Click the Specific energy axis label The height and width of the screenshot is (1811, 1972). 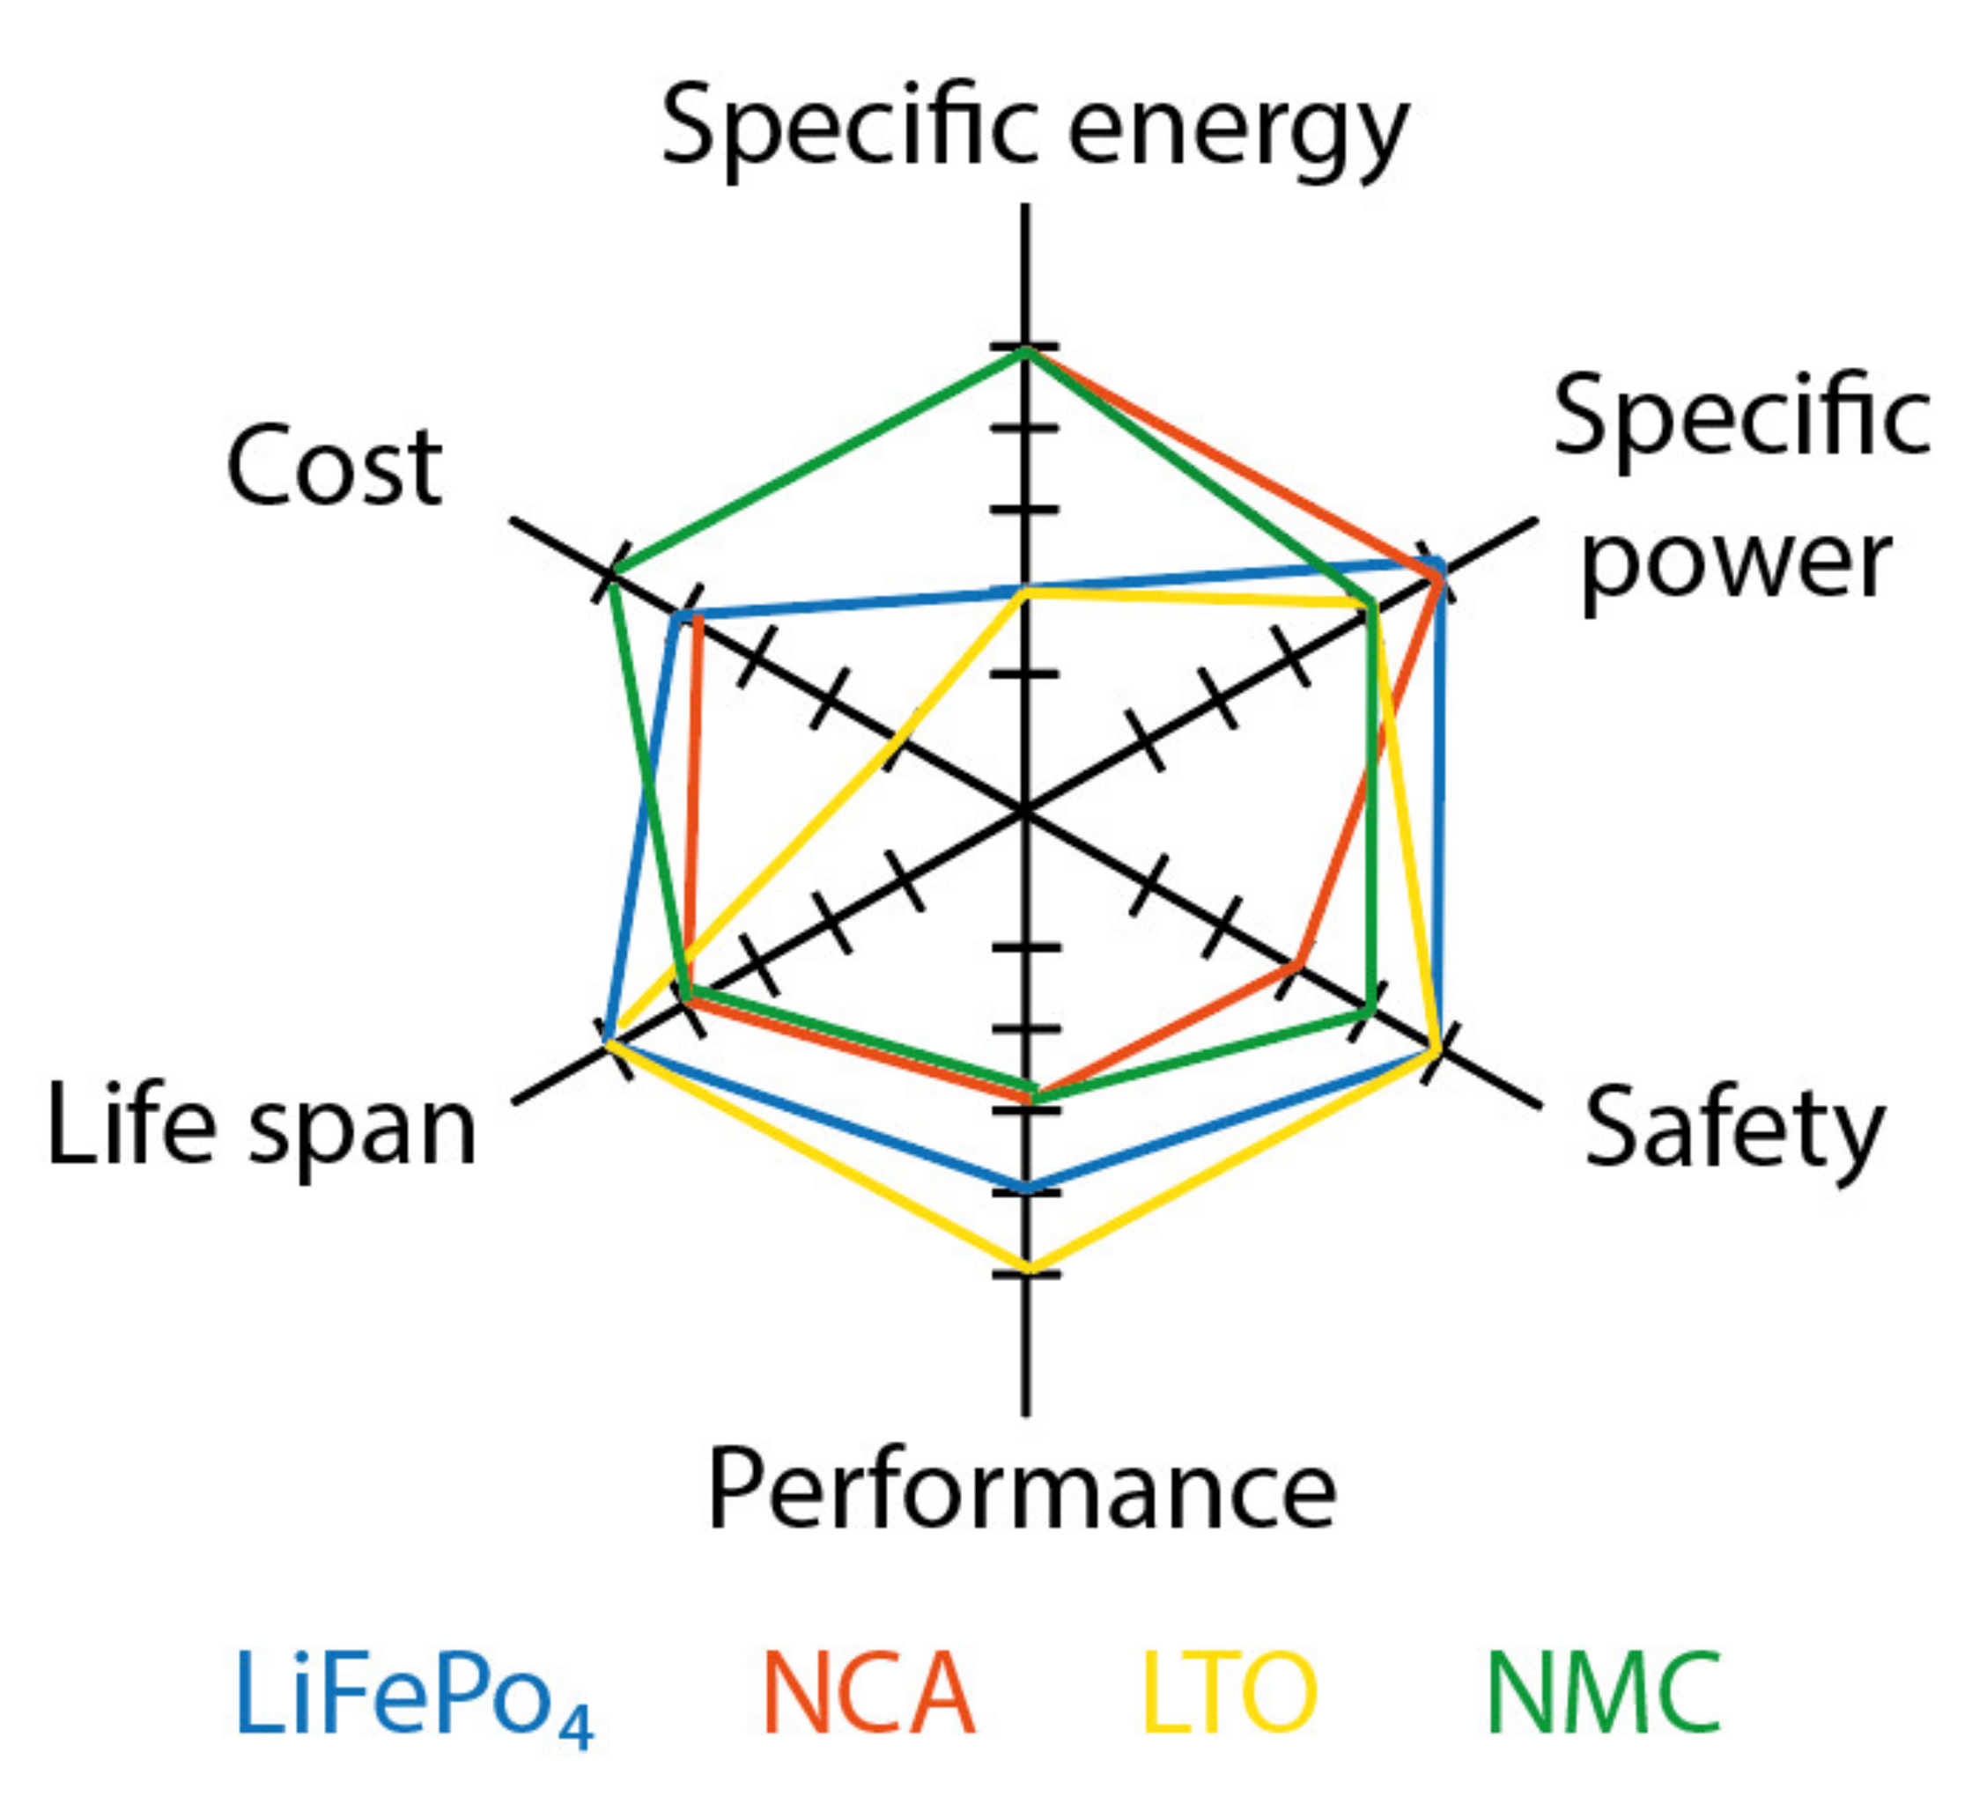click(1035, 128)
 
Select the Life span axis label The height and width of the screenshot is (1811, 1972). click(262, 1127)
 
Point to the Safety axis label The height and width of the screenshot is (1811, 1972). click(1735, 1129)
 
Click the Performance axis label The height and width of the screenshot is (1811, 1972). click(1023, 1489)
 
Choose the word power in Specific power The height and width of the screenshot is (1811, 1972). click(1736, 563)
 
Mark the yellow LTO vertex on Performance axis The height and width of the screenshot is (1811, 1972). click(1026, 1269)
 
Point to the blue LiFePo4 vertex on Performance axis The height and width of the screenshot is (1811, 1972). click(1026, 1188)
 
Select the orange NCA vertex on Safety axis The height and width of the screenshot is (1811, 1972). click(1297, 965)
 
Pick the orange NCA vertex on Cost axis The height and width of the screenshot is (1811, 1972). click(697, 618)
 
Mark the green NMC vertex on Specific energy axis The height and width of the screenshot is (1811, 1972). click(1025, 350)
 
